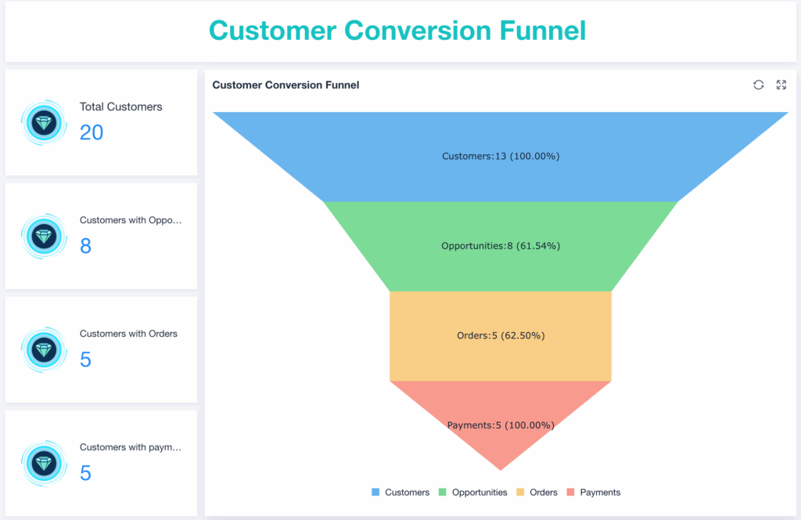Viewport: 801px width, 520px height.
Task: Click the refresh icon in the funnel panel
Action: (x=758, y=85)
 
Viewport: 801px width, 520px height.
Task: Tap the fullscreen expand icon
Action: (x=781, y=85)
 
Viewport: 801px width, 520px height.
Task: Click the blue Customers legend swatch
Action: (x=375, y=492)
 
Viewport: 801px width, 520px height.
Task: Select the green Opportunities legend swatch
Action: (x=443, y=492)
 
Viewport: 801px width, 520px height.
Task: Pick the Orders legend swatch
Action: (x=520, y=492)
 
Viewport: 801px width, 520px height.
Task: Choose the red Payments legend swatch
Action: (x=570, y=492)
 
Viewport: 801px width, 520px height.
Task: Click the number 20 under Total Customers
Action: (x=92, y=133)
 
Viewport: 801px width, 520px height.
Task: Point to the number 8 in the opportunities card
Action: (x=85, y=246)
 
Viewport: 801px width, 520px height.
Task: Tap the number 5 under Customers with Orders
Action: (x=85, y=359)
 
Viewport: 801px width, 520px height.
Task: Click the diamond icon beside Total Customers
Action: (x=44, y=123)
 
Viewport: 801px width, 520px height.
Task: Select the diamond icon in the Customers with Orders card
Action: (x=44, y=350)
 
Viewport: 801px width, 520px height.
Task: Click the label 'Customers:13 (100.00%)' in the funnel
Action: (x=501, y=157)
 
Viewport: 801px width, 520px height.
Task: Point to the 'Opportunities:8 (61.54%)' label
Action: (x=501, y=246)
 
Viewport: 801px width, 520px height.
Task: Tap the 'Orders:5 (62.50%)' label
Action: (x=501, y=336)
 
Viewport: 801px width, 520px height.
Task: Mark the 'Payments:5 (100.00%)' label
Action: (x=501, y=425)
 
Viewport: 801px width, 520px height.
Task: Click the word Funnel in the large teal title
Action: (x=543, y=31)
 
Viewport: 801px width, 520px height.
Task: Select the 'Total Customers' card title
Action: (x=120, y=107)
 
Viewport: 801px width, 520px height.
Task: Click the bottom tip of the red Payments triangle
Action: (x=501, y=470)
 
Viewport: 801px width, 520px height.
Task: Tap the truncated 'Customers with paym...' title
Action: (x=131, y=447)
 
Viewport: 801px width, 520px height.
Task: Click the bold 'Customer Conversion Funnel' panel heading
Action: (x=286, y=85)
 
